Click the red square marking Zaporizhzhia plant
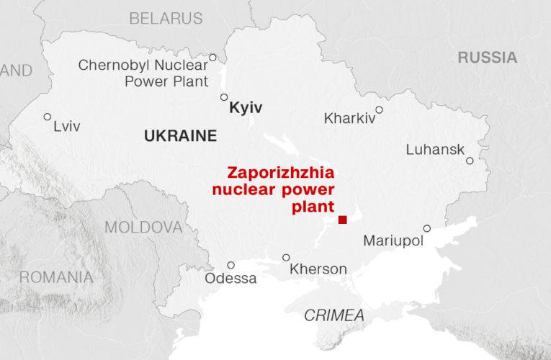point(343,220)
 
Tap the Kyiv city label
point(246,109)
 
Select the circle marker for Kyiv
point(223,97)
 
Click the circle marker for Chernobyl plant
point(212,58)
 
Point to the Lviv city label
point(67,127)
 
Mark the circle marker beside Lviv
point(48,117)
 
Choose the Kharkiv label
point(349,118)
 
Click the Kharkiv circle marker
point(379,110)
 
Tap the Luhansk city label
point(434,150)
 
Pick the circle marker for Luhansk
point(470,161)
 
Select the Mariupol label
point(393,240)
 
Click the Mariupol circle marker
point(427,228)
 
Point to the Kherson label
point(318,269)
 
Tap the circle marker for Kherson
point(286,257)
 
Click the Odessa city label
point(230,278)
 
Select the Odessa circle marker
point(230,265)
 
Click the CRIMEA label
point(333,315)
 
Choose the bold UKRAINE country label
point(180,135)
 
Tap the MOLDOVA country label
point(143,228)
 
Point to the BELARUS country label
point(166,19)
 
